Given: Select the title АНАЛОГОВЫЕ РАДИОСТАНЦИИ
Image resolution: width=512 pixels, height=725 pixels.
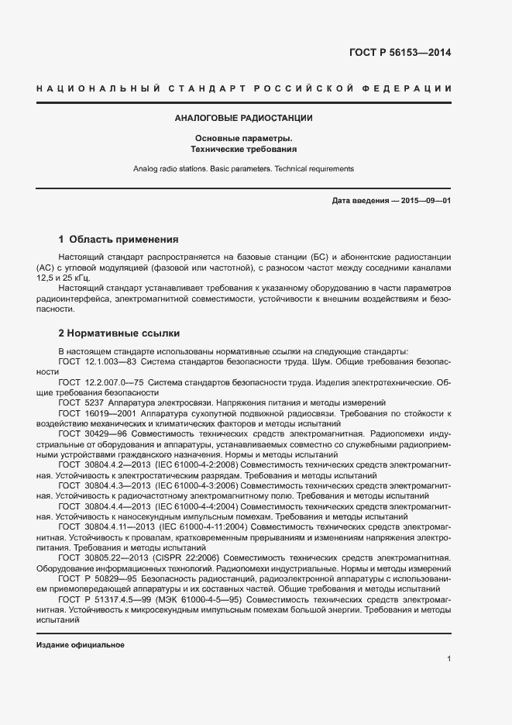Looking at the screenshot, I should (x=244, y=119).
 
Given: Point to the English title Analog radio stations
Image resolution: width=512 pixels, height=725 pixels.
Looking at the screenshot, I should (x=178, y=168).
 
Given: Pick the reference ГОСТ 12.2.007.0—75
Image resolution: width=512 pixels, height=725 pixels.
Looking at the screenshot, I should (x=100, y=382).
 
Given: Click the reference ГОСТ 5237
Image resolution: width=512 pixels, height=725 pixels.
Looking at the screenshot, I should (x=80, y=402).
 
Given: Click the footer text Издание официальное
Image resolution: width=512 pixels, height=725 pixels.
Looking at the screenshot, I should (x=81, y=645).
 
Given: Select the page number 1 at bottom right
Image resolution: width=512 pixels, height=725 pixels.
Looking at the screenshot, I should (x=448, y=659).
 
